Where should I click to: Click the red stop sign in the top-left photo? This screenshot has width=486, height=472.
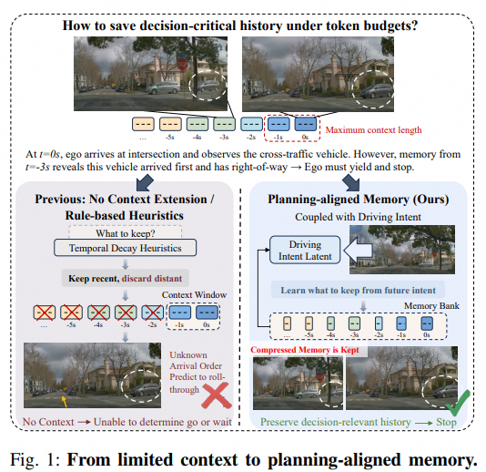182,65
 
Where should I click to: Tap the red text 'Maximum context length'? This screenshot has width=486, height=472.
373,129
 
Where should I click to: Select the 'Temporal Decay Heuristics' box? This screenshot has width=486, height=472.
126,248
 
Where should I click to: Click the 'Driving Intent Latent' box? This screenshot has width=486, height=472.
305,250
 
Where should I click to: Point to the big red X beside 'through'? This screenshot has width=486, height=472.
217,395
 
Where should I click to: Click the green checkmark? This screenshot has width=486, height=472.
458,403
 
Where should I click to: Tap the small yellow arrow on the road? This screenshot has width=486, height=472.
64,401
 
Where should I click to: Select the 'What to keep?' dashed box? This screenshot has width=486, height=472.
126,232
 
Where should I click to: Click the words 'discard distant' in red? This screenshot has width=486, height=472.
152,278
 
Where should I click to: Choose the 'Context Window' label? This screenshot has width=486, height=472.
195,295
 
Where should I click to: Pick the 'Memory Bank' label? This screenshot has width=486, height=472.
431,306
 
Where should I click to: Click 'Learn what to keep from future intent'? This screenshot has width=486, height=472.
358,290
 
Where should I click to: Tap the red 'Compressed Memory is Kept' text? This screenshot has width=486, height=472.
305,350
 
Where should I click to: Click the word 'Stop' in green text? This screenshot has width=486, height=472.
446,422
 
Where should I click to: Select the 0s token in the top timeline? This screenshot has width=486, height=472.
306,124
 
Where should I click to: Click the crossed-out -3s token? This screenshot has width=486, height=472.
126,313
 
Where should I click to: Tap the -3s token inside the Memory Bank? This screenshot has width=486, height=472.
355,323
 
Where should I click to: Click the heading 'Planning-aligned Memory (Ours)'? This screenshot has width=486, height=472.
359,200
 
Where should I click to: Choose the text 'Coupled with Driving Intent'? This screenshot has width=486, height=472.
358,217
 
